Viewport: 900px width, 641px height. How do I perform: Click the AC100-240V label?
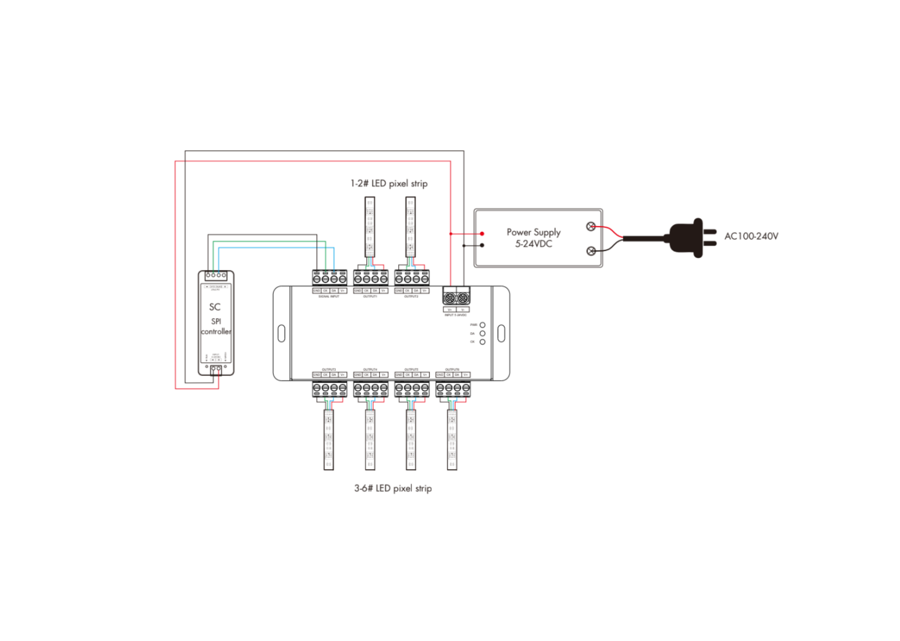751,236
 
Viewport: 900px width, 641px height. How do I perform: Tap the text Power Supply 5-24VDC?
533,238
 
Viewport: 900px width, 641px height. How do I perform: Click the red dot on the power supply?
482,234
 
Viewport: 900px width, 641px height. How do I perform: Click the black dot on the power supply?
482,245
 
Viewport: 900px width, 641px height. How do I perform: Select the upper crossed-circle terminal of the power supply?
590,227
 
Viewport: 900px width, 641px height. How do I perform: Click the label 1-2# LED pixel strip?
388,184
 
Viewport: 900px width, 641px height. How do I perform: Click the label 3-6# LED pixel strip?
393,488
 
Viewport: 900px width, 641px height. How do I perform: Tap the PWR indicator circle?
482,325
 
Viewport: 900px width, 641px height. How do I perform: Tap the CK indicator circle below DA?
482,342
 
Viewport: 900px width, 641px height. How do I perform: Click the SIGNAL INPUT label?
329,297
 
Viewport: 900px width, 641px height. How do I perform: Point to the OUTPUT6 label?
452,369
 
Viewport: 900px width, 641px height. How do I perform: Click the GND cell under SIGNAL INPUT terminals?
316,291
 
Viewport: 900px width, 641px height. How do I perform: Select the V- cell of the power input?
463,310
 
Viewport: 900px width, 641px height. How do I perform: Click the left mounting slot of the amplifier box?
281,333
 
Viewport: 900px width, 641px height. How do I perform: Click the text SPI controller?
216,327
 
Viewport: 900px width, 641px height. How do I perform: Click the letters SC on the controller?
214,307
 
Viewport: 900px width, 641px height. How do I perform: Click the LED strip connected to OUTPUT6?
452,440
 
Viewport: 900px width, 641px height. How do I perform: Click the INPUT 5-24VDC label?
455,315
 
